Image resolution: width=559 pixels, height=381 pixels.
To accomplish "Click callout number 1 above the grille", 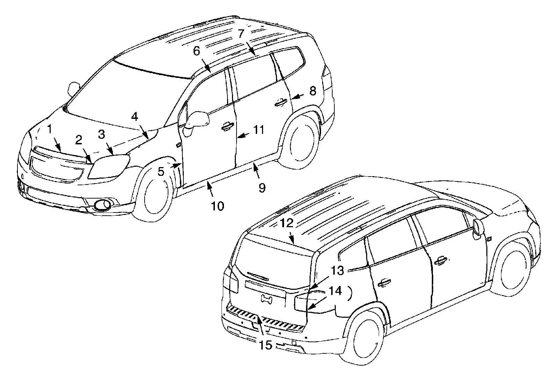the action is [x=50, y=129].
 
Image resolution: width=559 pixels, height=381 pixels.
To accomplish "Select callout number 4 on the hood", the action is [x=135, y=116].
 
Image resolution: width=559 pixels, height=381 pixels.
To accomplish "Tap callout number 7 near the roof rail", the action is [x=240, y=34].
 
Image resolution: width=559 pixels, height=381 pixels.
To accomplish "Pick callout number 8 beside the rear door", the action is [x=312, y=91].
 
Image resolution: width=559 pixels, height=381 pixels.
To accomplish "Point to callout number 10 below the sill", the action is [x=217, y=206].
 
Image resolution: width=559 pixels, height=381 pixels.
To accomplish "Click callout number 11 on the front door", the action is [x=259, y=130].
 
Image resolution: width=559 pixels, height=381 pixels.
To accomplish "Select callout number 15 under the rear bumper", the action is [x=266, y=345].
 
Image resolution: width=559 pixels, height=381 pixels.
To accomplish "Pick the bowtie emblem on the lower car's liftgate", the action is [x=267, y=299].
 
